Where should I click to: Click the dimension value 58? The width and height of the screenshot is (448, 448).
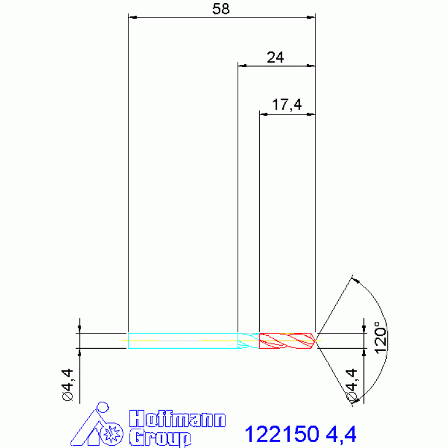[221, 9]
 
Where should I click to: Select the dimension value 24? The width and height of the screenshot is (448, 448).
[275, 57]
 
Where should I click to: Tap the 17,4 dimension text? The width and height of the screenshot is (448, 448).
[287, 105]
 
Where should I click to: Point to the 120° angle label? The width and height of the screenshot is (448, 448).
[381, 338]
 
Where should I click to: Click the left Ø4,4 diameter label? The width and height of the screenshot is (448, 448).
[68, 385]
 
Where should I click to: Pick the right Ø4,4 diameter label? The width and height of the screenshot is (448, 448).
[352, 385]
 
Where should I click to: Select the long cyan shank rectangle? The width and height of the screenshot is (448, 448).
[183, 341]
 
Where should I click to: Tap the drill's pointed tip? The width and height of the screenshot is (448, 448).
[315, 341]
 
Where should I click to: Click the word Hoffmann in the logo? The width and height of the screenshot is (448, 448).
[178, 419]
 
